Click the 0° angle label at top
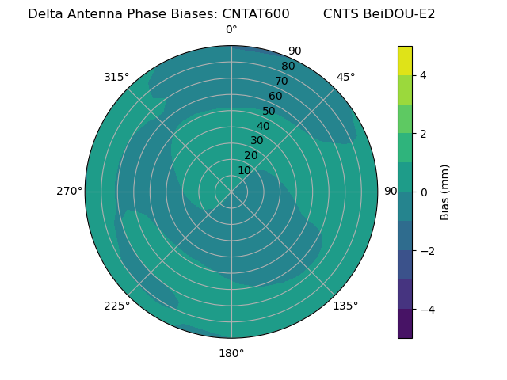[x=231, y=30]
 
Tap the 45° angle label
[x=345, y=77]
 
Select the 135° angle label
[x=345, y=306]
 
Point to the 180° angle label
[x=231, y=353]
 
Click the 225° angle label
[x=116, y=306]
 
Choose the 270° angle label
[x=69, y=191]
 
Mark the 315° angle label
[x=116, y=77]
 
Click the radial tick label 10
[x=244, y=170]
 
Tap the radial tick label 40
[x=263, y=126]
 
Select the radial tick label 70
[x=281, y=81]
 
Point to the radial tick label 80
[x=288, y=66]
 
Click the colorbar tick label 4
[x=423, y=75]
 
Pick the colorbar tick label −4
[x=426, y=309]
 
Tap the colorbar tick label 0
[x=423, y=192]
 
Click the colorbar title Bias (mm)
[x=445, y=192]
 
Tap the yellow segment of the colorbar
[x=405, y=60]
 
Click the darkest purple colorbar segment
[x=405, y=324]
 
